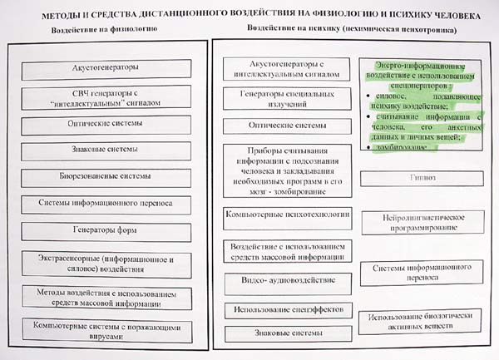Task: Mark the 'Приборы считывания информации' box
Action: (x=281, y=170)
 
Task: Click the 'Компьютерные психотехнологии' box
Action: (x=281, y=215)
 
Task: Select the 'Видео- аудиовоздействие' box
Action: (x=281, y=281)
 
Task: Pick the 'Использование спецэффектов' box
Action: (x=281, y=310)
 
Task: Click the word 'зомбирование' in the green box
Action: (x=398, y=147)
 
